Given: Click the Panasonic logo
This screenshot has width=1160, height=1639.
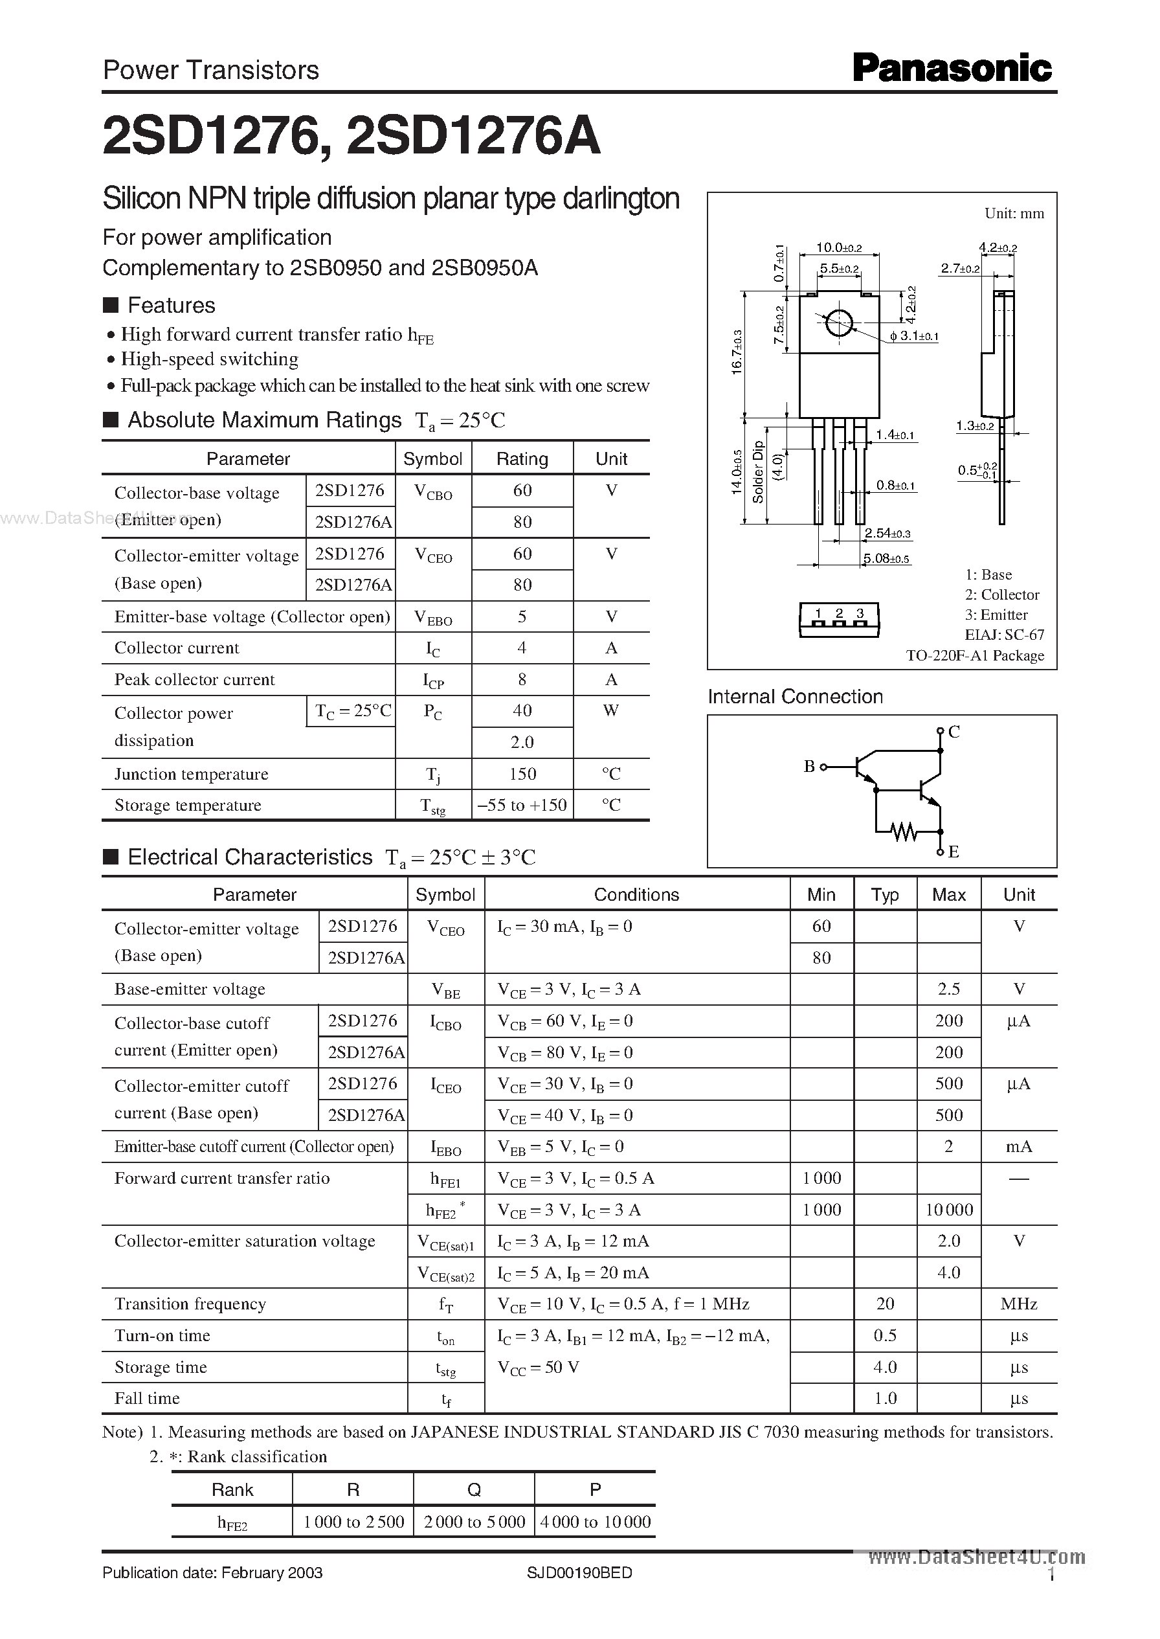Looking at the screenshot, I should click(x=952, y=69).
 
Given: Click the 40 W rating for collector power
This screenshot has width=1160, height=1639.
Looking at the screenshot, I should click(x=522, y=711).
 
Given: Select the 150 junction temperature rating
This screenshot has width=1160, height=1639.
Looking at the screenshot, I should click(x=522, y=774).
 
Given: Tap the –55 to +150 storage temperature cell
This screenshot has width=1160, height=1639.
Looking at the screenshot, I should click(x=522, y=805).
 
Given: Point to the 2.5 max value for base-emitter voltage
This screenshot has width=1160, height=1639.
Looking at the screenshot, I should click(x=948, y=989).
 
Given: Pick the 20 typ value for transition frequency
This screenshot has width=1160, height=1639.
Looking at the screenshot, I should click(x=885, y=1304).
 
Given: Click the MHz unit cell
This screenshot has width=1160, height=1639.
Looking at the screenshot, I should click(x=1019, y=1304).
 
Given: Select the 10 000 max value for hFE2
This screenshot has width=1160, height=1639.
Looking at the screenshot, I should click(x=948, y=1210).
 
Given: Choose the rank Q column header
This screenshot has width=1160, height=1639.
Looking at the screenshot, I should click(x=474, y=1489).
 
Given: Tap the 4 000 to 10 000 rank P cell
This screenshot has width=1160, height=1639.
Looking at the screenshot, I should click(x=595, y=1522).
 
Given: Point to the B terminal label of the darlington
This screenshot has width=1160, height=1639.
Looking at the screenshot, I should click(x=809, y=767).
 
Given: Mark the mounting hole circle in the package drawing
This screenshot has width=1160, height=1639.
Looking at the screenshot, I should click(x=838, y=323).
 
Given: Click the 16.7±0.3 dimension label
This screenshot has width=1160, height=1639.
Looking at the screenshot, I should click(x=737, y=352).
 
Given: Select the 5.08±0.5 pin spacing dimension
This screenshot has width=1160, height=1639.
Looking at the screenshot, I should click(x=886, y=559).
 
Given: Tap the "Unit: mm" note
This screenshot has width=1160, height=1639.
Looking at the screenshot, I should click(x=1014, y=214).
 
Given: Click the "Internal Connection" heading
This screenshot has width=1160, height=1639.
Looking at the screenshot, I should click(x=795, y=697).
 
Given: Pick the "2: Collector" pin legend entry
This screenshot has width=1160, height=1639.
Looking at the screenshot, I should click(x=1002, y=595).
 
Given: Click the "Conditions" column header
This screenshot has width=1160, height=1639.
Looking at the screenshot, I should click(x=636, y=894).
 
